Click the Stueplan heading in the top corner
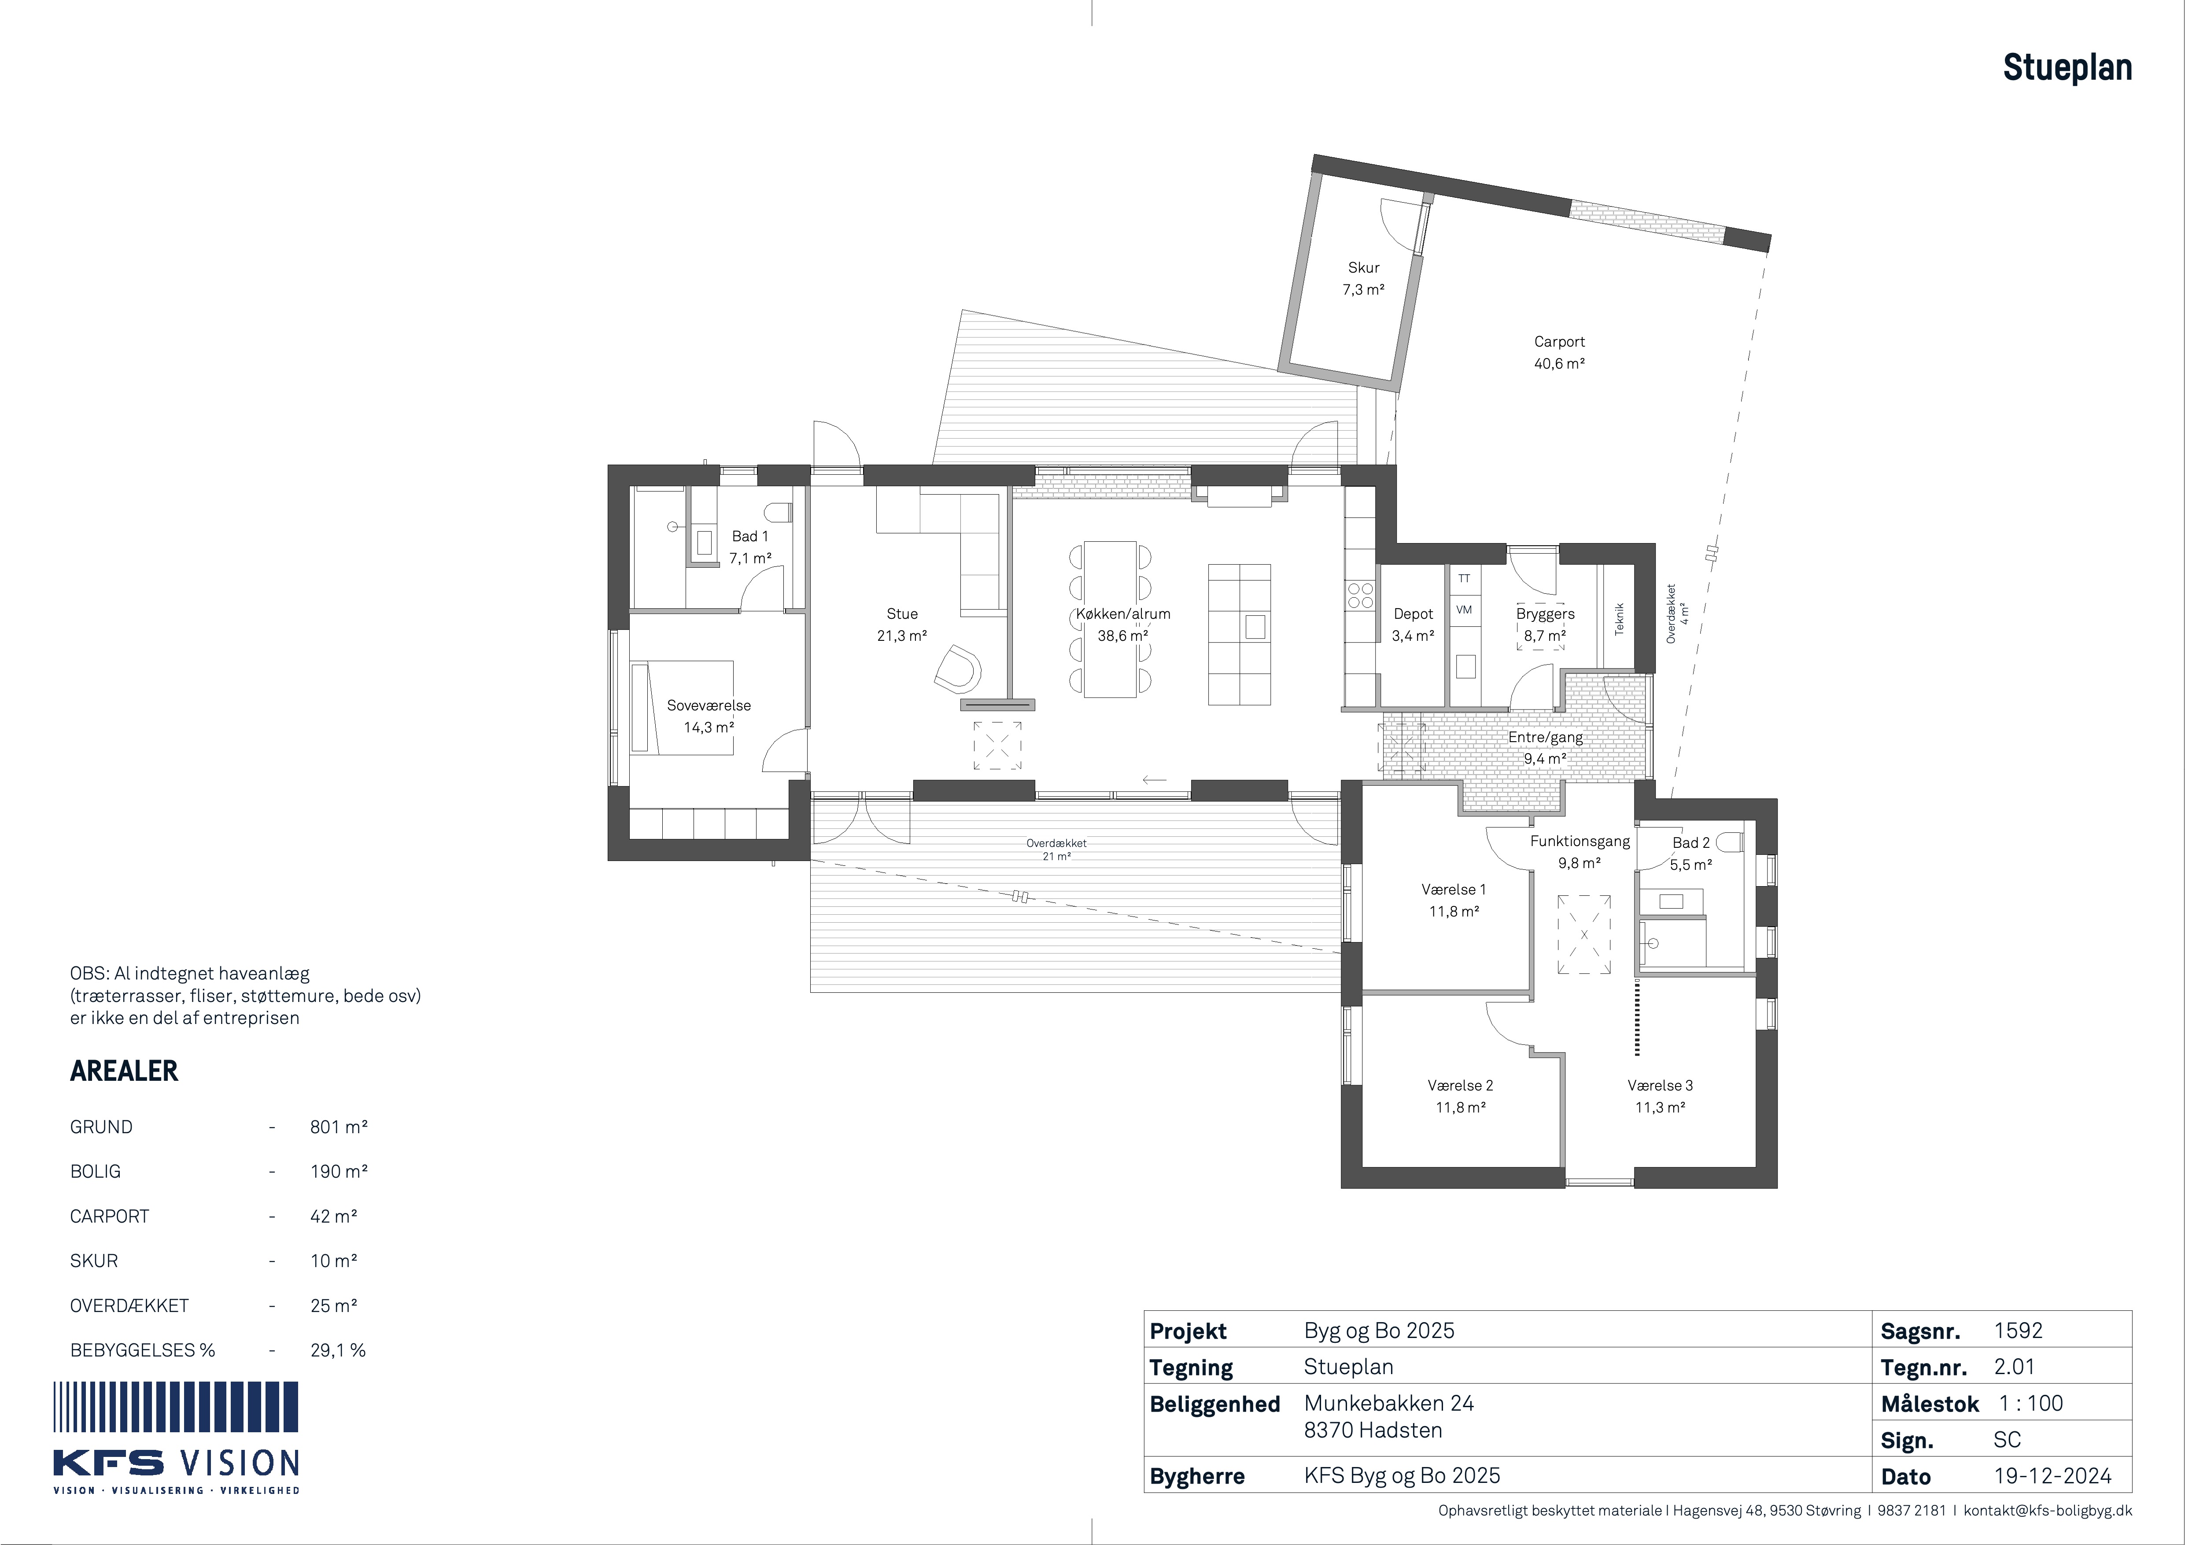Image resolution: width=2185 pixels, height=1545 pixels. tap(2067, 67)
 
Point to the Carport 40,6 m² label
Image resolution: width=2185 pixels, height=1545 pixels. tap(1559, 352)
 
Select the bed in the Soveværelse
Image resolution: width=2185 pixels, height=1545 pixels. tap(681, 708)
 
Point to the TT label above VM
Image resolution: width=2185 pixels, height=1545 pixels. tap(1464, 578)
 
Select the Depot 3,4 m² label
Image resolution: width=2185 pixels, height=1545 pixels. tap(1413, 625)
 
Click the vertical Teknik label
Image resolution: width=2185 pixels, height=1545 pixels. tap(1619, 619)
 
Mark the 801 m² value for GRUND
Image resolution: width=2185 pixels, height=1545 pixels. tap(339, 1127)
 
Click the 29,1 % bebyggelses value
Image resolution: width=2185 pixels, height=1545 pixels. tap(338, 1350)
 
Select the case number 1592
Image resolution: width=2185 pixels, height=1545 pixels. tap(2019, 1331)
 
